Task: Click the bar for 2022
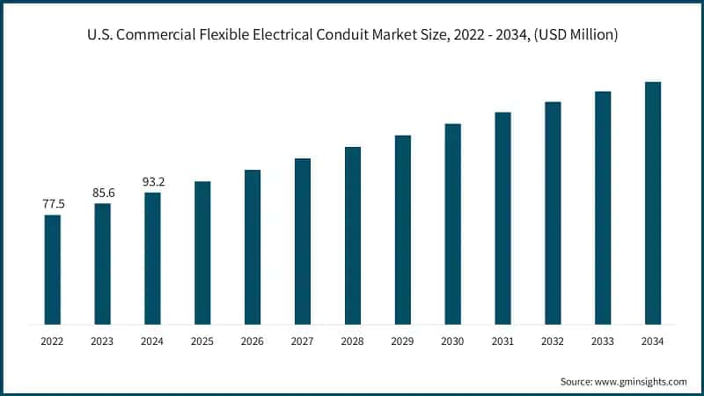pos(53,269)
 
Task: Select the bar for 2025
pos(202,253)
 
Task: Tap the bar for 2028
pos(353,235)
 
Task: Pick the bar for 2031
pos(502,218)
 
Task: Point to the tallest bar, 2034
pos(653,203)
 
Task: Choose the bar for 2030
pos(452,224)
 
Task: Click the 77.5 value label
pos(53,204)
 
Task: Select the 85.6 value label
pos(103,193)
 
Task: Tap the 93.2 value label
pos(153,182)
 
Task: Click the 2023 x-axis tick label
pos(103,341)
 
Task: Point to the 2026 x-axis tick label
pos(253,341)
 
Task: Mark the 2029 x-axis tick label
pos(403,341)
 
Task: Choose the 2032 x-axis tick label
pos(553,341)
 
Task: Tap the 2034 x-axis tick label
pos(653,341)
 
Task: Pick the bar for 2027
pos(303,241)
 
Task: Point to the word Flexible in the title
pos(205,35)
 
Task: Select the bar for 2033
pos(603,208)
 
